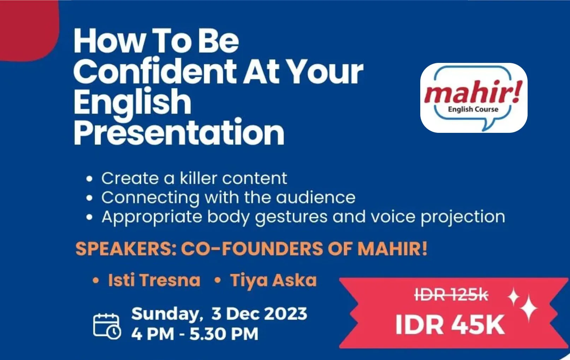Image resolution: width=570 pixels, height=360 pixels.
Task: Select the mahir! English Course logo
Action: [474, 98]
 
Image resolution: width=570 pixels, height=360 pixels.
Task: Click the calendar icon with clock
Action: [107, 326]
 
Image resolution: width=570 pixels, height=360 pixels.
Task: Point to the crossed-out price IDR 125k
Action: [451, 294]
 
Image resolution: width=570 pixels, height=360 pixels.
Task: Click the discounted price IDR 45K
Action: [450, 325]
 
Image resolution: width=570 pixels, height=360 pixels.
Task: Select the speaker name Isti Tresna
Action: [154, 280]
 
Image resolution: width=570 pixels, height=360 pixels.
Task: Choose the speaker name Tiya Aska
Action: [273, 280]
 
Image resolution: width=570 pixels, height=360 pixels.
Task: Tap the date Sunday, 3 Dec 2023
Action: [219, 314]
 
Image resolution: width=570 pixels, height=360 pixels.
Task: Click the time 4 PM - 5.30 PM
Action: [195, 334]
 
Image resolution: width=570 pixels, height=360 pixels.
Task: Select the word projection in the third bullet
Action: [463, 217]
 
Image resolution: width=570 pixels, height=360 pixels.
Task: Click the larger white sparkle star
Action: [529, 308]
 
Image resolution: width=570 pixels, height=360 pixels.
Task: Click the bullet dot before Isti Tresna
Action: [95, 281]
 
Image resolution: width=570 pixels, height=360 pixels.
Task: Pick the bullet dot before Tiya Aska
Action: [218, 281]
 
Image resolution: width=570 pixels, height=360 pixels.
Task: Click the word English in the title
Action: [132, 102]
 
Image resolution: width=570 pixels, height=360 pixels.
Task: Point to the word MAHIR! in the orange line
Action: [392, 249]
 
